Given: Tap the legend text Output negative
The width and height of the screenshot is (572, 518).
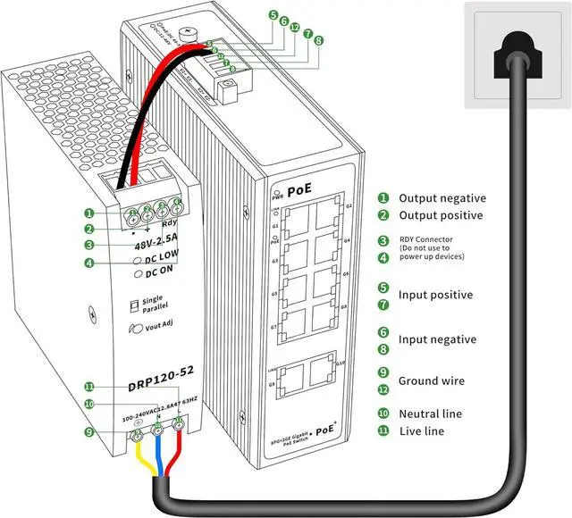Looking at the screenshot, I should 442,198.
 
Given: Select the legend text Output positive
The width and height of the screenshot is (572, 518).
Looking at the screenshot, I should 441,215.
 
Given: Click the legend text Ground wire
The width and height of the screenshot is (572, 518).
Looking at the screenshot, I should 431,380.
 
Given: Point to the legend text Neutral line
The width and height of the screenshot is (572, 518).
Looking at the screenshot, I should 430,414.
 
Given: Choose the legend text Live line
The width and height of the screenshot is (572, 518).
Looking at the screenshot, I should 422,430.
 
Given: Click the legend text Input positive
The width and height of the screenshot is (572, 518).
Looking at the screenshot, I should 435,295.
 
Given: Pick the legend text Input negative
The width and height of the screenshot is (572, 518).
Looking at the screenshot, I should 437,339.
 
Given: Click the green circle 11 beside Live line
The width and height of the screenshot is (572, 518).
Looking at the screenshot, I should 383,430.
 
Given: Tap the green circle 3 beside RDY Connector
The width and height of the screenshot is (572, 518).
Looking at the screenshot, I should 383,240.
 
